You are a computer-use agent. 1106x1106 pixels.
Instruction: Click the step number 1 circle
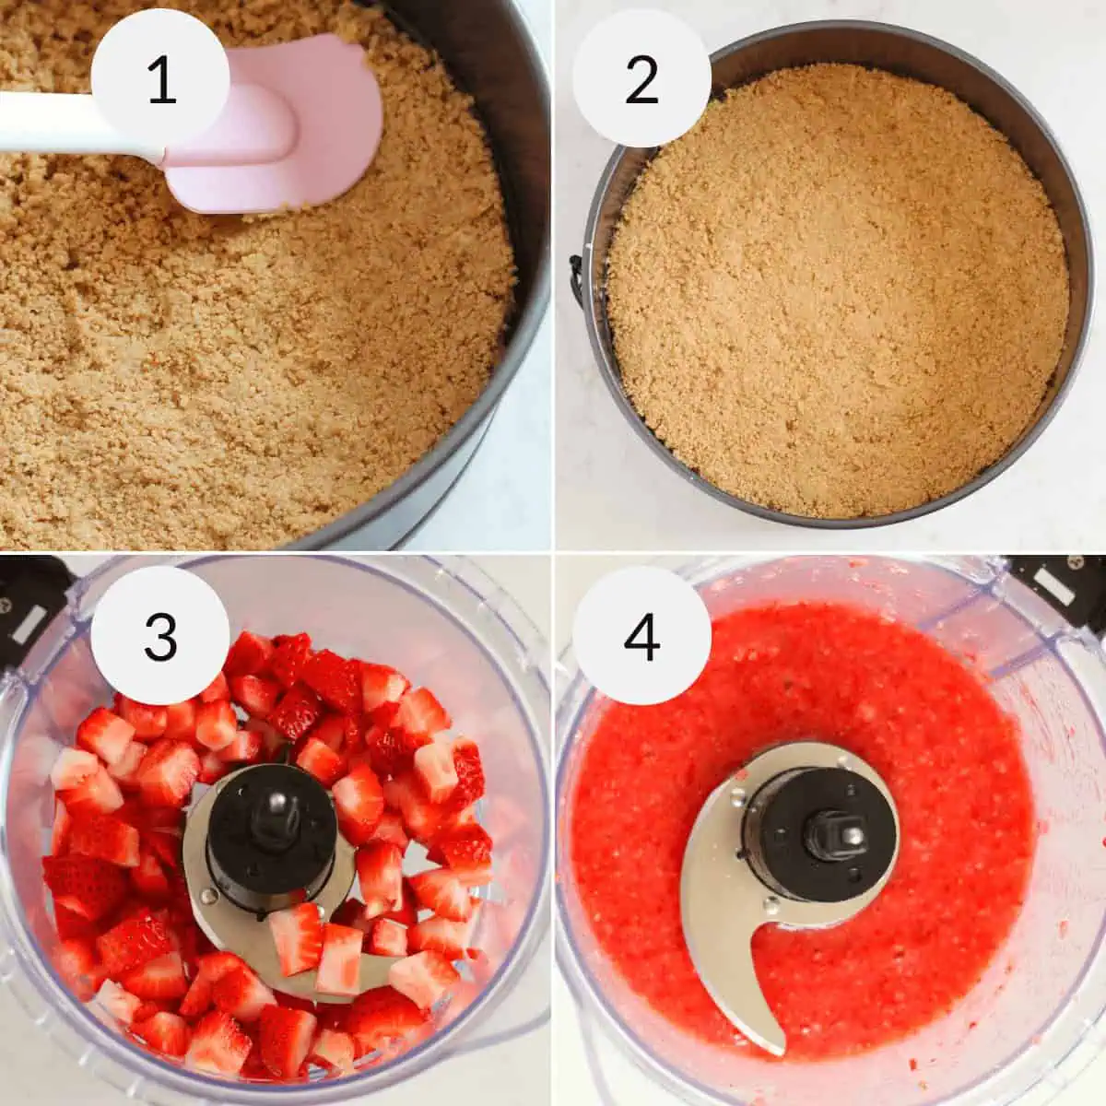pos(160,79)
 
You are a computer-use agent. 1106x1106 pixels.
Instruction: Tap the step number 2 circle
pos(641,79)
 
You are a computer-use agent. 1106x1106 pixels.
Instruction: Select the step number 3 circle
pos(160,635)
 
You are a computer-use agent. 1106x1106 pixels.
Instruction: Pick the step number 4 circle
pos(641,635)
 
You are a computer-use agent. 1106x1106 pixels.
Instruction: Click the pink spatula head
pos(304,129)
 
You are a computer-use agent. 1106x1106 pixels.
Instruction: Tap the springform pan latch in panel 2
pos(576,276)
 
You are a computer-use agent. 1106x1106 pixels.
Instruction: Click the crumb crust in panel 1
pos(230,369)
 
